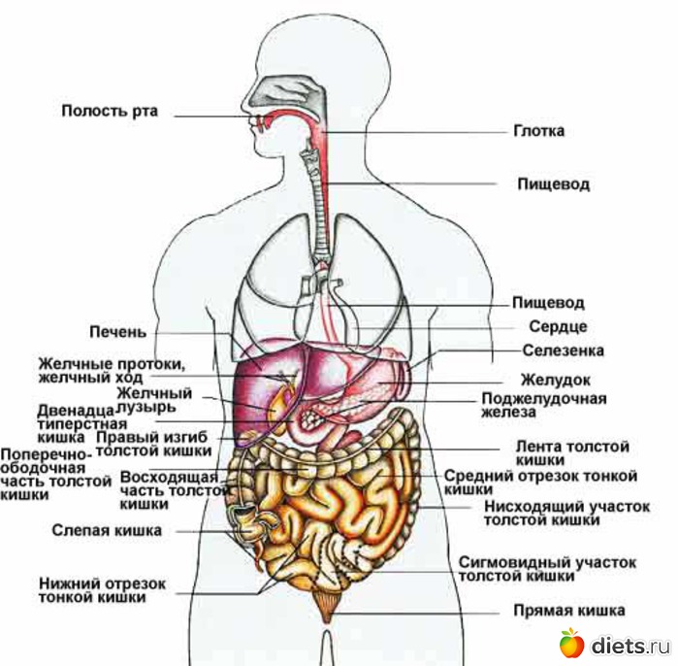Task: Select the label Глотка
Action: tap(538, 130)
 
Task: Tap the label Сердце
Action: tap(558, 327)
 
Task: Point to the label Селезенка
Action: tap(563, 350)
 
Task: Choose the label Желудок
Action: tap(555, 380)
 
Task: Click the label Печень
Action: tap(118, 332)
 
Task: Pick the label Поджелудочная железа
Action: tap(543, 405)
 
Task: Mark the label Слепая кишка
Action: tap(107, 531)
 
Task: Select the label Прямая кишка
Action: tap(568, 611)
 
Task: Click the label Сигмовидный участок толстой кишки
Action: tap(546, 569)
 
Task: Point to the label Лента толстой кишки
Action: tap(571, 452)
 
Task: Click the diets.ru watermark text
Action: tap(630, 645)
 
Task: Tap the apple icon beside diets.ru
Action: tap(571, 642)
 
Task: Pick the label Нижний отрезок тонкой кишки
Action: tap(103, 590)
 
